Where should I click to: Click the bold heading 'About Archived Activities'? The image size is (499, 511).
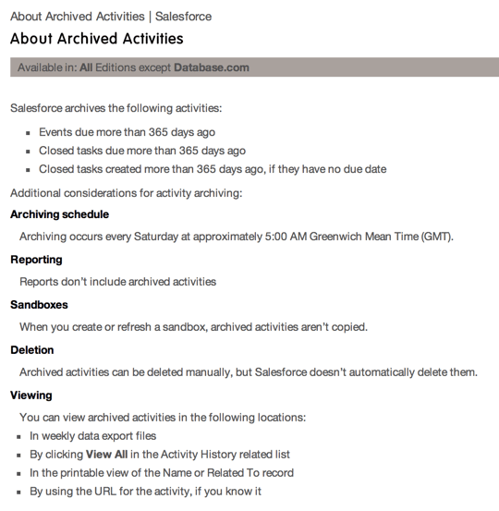(96, 39)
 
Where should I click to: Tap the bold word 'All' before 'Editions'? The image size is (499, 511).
(86, 67)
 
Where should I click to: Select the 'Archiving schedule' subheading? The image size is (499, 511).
(59, 214)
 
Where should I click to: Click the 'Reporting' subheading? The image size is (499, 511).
(36, 260)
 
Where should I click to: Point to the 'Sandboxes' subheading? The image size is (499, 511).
(39, 304)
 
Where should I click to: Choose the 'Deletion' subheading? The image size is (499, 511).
(32, 349)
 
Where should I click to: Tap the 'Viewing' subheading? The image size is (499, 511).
(30, 395)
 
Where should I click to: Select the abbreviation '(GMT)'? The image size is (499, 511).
(436, 237)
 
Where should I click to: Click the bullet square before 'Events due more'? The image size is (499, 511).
(30, 132)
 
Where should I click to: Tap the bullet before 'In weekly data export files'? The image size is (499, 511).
(18, 436)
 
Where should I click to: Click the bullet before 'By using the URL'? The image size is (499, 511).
(18, 492)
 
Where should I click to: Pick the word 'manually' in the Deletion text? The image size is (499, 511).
(228, 372)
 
